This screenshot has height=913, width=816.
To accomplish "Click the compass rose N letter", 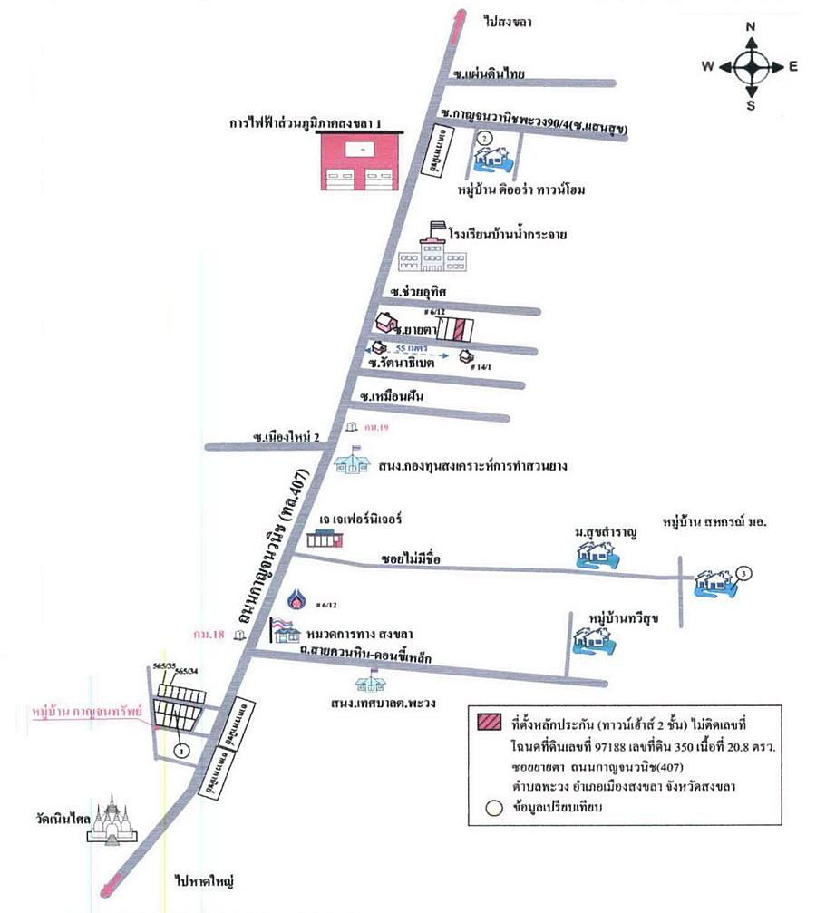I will coord(751,27).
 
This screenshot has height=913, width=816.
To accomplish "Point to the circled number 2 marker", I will coord(485,137).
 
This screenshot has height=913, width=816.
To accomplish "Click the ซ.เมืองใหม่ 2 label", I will coord(288,437).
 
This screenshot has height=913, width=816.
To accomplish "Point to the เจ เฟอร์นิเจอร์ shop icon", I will coord(325,539).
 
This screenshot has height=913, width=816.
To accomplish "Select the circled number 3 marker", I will coord(743,573).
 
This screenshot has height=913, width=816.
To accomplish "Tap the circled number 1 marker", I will coord(180,750).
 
